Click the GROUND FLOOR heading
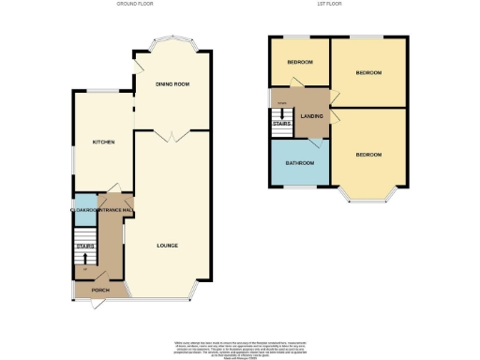[135, 4]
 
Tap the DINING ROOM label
[172, 84]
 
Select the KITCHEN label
[103, 142]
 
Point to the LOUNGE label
[168, 246]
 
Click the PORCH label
[99, 291]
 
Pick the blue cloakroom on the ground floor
[82, 203]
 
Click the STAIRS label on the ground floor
[85, 247]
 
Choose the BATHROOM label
[300, 163]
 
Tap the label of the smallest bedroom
[300, 63]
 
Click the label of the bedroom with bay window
[368, 155]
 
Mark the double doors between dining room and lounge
[170, 136]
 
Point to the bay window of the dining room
[172, 41]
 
